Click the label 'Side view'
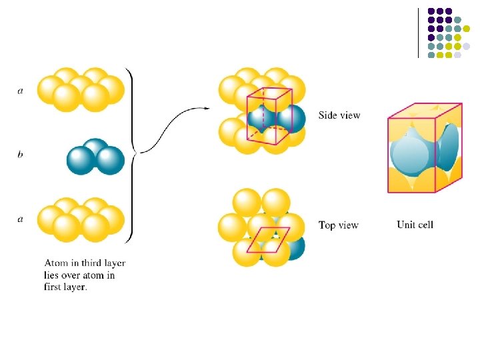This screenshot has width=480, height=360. coord(339,115)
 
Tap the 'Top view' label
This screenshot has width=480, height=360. coord(339,225)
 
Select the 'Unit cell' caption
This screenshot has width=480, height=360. coord(415,225)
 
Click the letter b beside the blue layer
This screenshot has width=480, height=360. coord(20,154)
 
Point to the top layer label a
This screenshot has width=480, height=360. coord(20,91)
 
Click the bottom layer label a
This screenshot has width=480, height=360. coord(20,219)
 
